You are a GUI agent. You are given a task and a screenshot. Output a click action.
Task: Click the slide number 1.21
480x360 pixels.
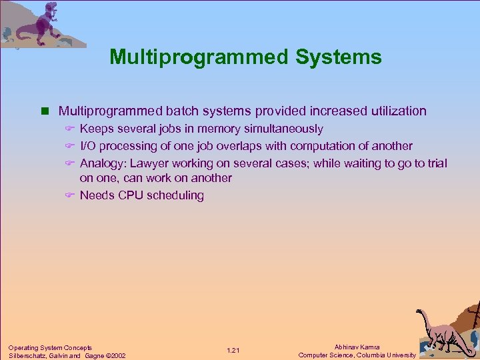233,351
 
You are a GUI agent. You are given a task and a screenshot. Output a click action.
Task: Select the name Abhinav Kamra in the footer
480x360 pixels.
357,347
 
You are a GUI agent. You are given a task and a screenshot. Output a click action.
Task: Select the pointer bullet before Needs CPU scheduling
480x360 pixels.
70,195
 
